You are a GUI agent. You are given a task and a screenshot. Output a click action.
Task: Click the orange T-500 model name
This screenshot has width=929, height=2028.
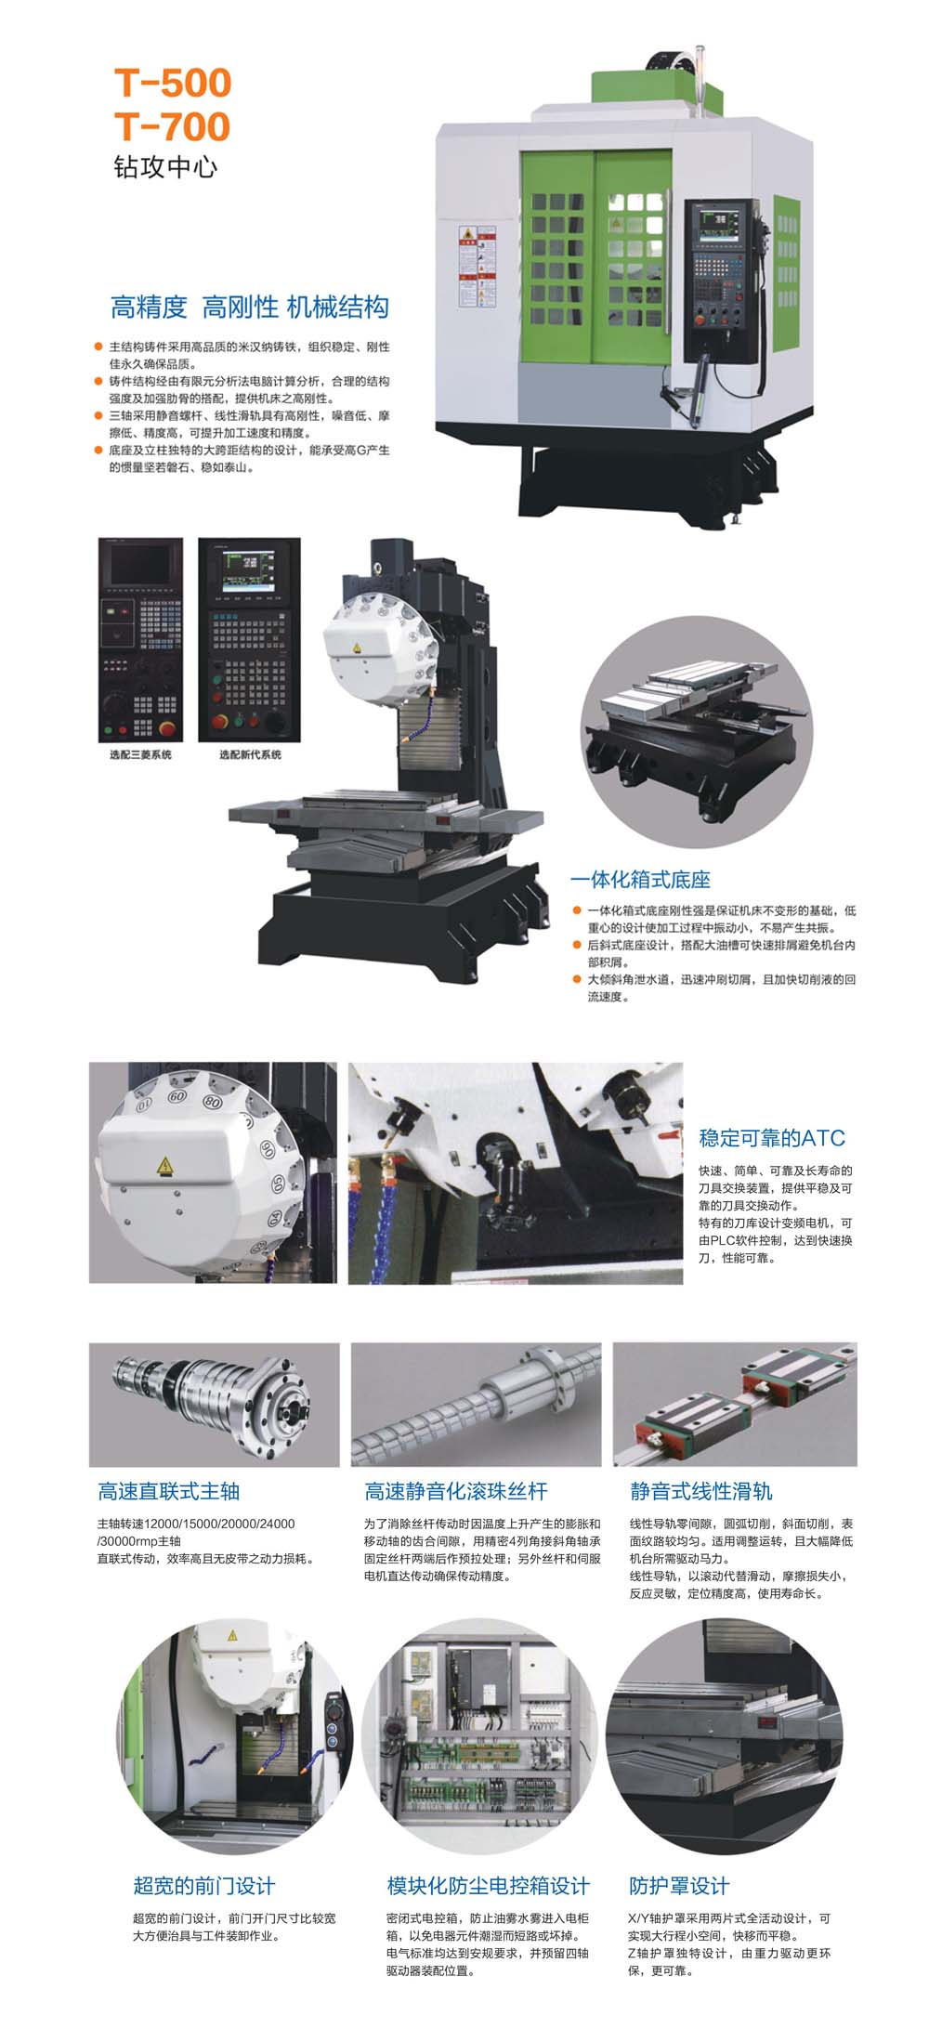pos(173,83)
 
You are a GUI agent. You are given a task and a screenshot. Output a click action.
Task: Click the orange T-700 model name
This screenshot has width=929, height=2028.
pos(173,126)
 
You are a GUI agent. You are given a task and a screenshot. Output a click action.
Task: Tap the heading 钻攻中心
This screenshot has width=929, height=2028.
pos(165,166)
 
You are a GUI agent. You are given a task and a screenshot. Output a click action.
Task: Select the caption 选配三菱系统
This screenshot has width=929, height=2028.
pos(140,754)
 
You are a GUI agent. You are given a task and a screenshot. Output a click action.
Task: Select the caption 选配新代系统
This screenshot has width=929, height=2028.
pos(250,754)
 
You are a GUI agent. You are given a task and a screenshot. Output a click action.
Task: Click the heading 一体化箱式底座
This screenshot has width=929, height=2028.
pos(640,879)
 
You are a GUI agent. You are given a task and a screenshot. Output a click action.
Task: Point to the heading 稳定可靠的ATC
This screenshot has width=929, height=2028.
pos(772,1138)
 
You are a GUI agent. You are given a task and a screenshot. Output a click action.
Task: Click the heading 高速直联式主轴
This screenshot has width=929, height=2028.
pos(169,1491)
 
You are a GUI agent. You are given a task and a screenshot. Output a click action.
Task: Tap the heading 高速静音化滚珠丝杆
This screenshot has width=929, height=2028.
pos(456,1491)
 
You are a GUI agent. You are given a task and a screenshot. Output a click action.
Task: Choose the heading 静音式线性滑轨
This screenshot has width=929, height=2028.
pos(701,1491)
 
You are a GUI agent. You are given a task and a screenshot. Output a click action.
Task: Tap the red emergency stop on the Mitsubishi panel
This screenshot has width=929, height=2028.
pos(168,727)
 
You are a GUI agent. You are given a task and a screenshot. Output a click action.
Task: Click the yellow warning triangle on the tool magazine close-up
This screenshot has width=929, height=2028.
pos(164,1165)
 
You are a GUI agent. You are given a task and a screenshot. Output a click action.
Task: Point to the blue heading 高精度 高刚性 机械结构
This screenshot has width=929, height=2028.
pos(250,307)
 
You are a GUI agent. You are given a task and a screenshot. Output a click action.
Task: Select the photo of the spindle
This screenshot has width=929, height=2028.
pos(215,1404)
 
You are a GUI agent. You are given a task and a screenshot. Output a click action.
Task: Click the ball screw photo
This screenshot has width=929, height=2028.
pos(477,1404)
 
